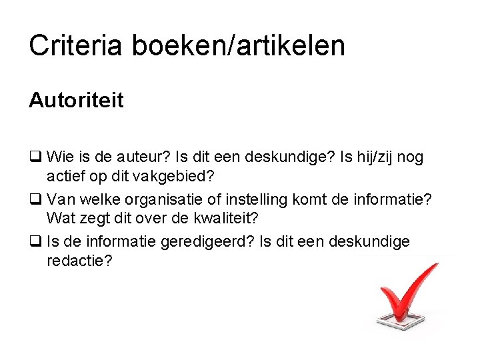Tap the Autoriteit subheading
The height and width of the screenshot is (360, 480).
(76, 101)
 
